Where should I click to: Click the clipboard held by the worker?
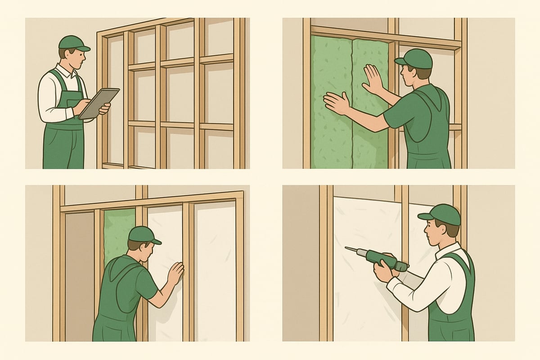pos(99,103)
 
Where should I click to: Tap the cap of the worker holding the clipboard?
pos(72,43)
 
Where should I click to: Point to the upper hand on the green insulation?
pos(373,79)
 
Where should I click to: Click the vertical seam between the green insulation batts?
pos(351,103)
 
